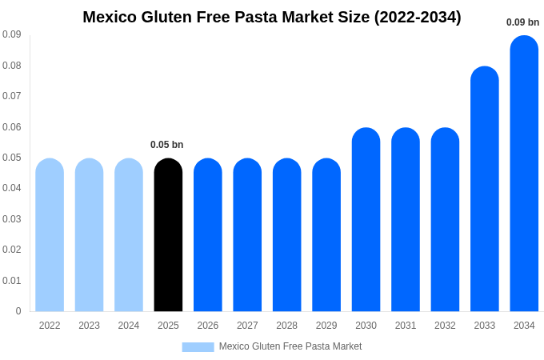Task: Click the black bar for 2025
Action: click(x=168, y=235)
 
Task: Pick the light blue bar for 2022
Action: click(x=50, y=235)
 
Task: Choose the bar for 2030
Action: click(x=366, y=220)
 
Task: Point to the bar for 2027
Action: click(x=247, y=235)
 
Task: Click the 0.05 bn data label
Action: click(x=167, y=145)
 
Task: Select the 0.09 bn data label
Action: click(x=522, y=22)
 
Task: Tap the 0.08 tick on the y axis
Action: click(x=12, y=66)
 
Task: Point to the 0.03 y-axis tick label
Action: click(x=12, y=219)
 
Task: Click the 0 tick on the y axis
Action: click(x=18, y=311)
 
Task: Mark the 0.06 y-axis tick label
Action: click(x=12, y=127)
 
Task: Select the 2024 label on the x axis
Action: click(x=129, y=326)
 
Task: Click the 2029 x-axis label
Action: click(x=326, y=326)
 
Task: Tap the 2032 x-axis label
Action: click(x=445, y=326)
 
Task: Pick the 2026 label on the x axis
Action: click(x=208, y=326)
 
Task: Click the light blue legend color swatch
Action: click(x=198, y=347)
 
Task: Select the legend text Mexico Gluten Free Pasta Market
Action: click(x=290, y=346)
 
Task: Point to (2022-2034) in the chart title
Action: click(x=418, y=17)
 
